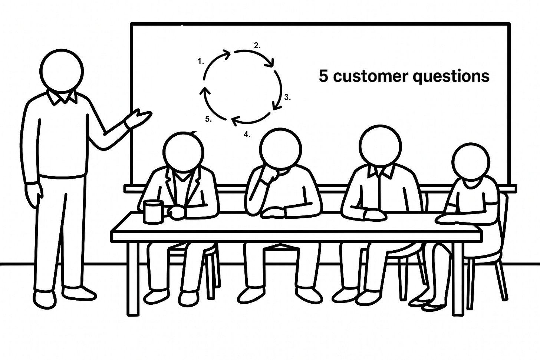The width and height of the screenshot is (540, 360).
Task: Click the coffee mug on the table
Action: coord(153,212)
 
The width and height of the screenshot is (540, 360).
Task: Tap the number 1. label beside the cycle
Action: coord(201,62)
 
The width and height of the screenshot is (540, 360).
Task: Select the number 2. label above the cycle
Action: coord(257,46)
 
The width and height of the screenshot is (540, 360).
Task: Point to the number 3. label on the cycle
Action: coord(287,98)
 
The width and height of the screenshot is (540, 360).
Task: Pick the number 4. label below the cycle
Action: coord(247,134)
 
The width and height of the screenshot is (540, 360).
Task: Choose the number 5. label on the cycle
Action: coord(208,119)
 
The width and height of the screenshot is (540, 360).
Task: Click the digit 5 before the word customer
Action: coord(323,76)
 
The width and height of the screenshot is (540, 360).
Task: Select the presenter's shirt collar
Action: coord(62,98)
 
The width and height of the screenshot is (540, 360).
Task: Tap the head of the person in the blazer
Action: coord(183,152)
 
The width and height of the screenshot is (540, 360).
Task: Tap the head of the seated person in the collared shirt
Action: coord(381,145)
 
